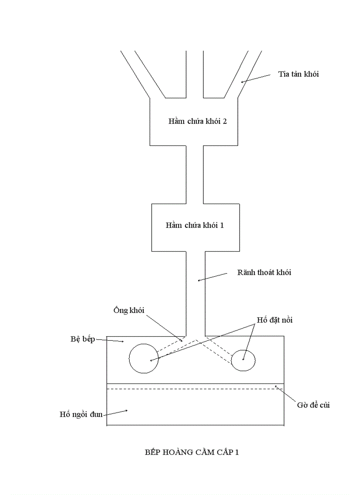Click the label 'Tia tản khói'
[x=298, y=74]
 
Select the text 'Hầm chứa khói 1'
[x=195, y=225]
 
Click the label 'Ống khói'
[x=129, y=310]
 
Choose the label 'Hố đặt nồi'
[x=274, y=320]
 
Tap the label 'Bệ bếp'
[x=82, y=339]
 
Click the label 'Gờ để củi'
[x=313, y=405]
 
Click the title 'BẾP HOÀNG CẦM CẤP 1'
[x=192, y=452]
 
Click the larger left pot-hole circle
[x=143, y=358]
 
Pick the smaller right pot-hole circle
[x=243, y=361]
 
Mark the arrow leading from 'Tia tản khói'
[x=255, y=78]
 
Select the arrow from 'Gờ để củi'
[x=285, y=394]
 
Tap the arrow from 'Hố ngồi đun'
[x=116, y=412]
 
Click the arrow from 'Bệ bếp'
[x=110, y=340]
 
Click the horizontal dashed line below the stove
[x=194, y=389]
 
